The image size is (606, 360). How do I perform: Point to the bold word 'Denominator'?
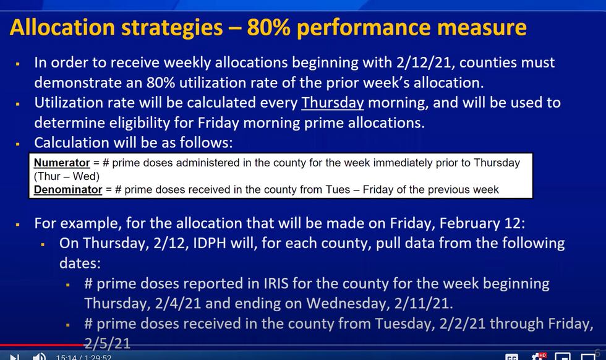click(x=68, y=190)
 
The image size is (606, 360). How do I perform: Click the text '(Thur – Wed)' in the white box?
click(x=67, y=176)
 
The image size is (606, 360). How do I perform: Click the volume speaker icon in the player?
click(x=39, y=356)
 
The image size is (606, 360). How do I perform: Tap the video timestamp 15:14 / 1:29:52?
click(x=83, y=357)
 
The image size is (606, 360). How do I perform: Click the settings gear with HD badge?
click(x=538, y=356)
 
